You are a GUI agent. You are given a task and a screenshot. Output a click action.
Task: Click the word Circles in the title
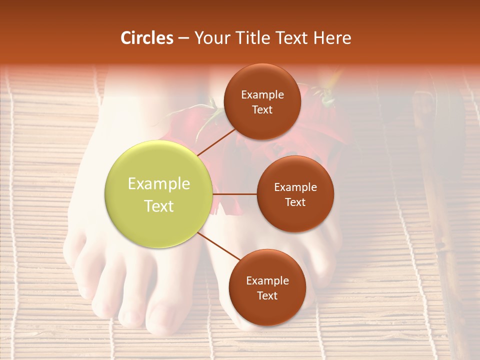(146, 38)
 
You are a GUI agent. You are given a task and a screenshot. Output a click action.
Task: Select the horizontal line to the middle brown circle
(234, 194)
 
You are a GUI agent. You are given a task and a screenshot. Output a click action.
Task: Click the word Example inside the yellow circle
(158, 184)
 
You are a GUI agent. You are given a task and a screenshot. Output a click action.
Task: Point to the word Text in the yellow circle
(158, 206)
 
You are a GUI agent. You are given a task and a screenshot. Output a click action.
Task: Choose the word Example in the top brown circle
(262, 95)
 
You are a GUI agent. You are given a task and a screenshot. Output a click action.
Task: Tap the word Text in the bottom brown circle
(267, 295)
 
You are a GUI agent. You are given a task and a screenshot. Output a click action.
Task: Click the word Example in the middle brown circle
(295, 187)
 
